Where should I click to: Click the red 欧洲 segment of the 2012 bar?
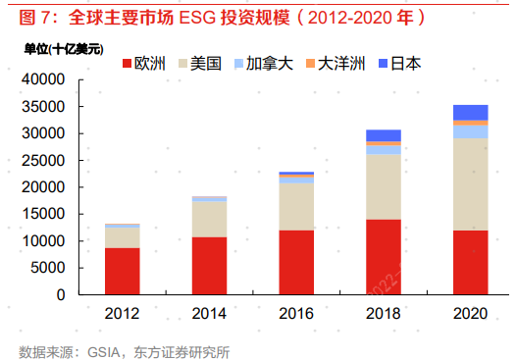[x=123, y=271]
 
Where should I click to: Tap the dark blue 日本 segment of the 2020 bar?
[x=470, y=112]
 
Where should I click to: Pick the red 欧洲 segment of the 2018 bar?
[x=384, y=256]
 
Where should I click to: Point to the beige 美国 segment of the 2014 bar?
[x=209, y=219]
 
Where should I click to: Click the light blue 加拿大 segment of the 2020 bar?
[x=470, y=131]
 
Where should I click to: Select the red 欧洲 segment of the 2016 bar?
[x=296, y=262]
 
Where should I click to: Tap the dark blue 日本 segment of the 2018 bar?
[x=384, y=135]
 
